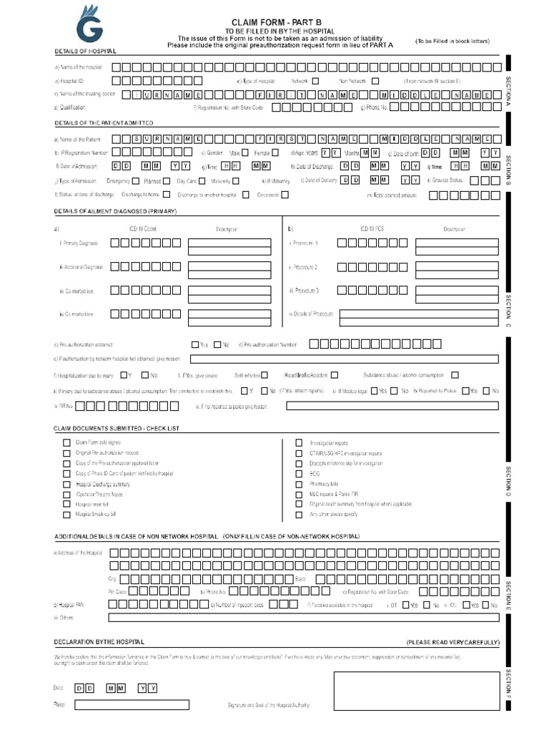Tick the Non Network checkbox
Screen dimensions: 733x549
tap(375, 81)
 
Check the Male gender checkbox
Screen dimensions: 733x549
tap(245, 152)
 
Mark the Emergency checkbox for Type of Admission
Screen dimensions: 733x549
tap(137, 180)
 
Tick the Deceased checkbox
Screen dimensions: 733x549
tap(285, 194)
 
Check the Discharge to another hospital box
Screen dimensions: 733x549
tap(245, 194)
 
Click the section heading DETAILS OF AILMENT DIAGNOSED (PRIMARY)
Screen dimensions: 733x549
tap(115, 212)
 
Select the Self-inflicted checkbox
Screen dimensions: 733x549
tap(264, 374)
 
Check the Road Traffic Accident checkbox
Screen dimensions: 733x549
tap(335, 374)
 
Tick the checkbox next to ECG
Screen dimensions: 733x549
tap(299, 473)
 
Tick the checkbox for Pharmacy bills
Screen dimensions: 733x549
tap(299, 484)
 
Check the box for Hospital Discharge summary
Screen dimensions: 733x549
tap(67, 484)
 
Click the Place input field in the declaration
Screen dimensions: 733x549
tap(133, 704)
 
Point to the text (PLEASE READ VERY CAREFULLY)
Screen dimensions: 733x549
tap(452, 642)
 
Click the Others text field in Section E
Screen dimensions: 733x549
tap(303, 617)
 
